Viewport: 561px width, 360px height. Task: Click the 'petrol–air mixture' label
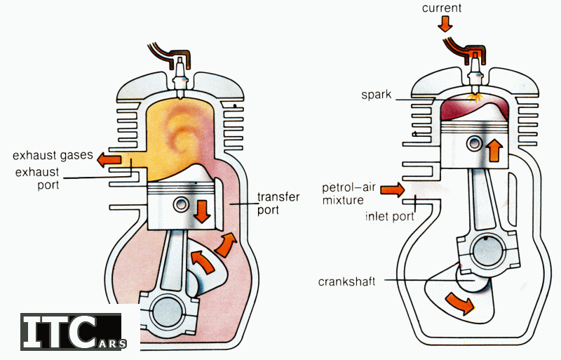tap(351, 194)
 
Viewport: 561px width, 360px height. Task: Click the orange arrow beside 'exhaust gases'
tap(108, 160)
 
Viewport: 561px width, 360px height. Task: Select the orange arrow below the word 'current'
tap(445, 24)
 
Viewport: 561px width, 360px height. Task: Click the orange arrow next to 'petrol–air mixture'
tap(396, 189)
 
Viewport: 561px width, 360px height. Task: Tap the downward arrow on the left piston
tap(203, 210)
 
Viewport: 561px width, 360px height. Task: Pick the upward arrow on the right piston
tap(494, 149)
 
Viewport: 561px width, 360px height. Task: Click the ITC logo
tap(70, 332)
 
